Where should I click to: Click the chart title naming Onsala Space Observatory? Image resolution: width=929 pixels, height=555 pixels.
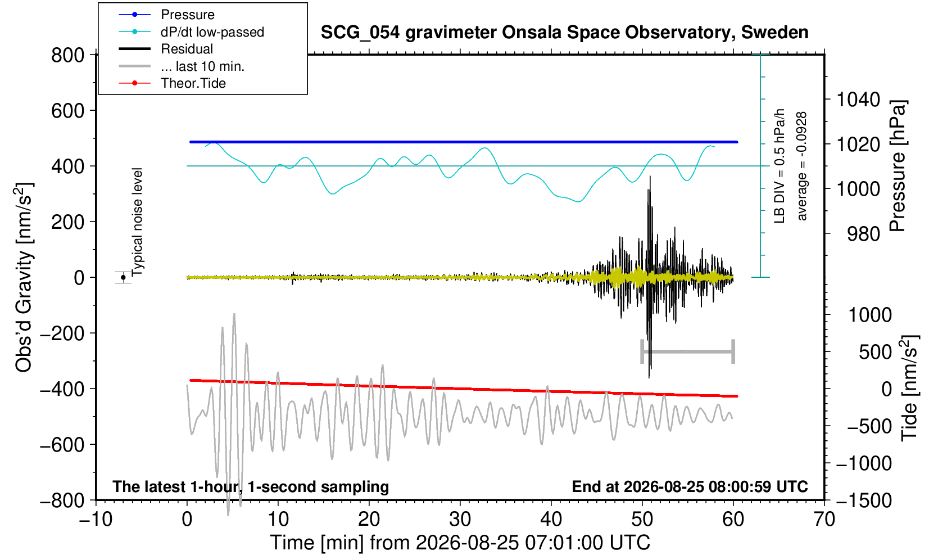point(564,33)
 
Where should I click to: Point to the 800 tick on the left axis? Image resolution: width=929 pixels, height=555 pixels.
point(67,55)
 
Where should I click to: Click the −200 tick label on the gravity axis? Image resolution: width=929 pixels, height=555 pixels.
point(62,333)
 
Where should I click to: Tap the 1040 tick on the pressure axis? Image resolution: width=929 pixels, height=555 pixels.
point(858,100)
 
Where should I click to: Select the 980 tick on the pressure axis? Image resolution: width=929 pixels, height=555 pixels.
point(863,234)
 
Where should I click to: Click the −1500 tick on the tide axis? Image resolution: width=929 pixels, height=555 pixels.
point(864,500)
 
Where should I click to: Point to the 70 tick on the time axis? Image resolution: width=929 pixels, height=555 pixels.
point(824,520)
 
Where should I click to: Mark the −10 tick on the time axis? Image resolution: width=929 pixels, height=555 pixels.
point(96,520)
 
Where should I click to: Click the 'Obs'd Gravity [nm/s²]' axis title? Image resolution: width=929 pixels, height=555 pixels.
point(23,277)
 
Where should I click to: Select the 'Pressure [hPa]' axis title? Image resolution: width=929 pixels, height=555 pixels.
point(898,166)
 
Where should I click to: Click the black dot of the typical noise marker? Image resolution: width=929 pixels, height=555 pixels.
point(123,277)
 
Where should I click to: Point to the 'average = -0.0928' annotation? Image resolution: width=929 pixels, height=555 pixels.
point(801,166)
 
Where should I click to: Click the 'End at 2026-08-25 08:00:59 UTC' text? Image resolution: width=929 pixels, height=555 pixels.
point(690,486)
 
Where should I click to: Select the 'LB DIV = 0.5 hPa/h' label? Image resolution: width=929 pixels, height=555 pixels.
point(780,166)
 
